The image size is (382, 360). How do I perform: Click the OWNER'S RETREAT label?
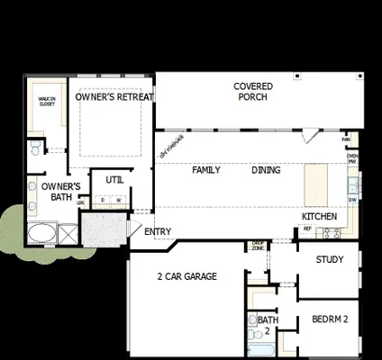(x=114, y=97)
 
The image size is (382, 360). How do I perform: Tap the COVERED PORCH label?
(x=253, y=92)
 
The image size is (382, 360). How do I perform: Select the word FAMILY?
(x=206, y=170)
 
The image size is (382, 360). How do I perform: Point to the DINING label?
(x=266, y=170)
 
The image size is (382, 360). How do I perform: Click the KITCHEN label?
(x=320, y=217)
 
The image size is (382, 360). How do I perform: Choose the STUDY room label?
(x=330, y=260)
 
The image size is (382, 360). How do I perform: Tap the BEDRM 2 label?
(x=330, y=319)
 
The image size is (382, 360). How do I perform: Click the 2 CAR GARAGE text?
(x=186, y=276)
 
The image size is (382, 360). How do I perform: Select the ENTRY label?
(x=158, y=232)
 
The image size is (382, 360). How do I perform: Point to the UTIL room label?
(x=114, y=180)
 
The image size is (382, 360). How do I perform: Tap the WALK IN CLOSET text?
(x=47, y=102)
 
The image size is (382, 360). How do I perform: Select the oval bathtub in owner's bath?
(x=41, y=236)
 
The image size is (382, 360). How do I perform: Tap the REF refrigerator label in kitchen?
(x=307, y=229)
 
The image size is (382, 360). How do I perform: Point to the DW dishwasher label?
(x=352, y=200)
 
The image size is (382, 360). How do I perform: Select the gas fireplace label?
(x=171, y=146)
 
